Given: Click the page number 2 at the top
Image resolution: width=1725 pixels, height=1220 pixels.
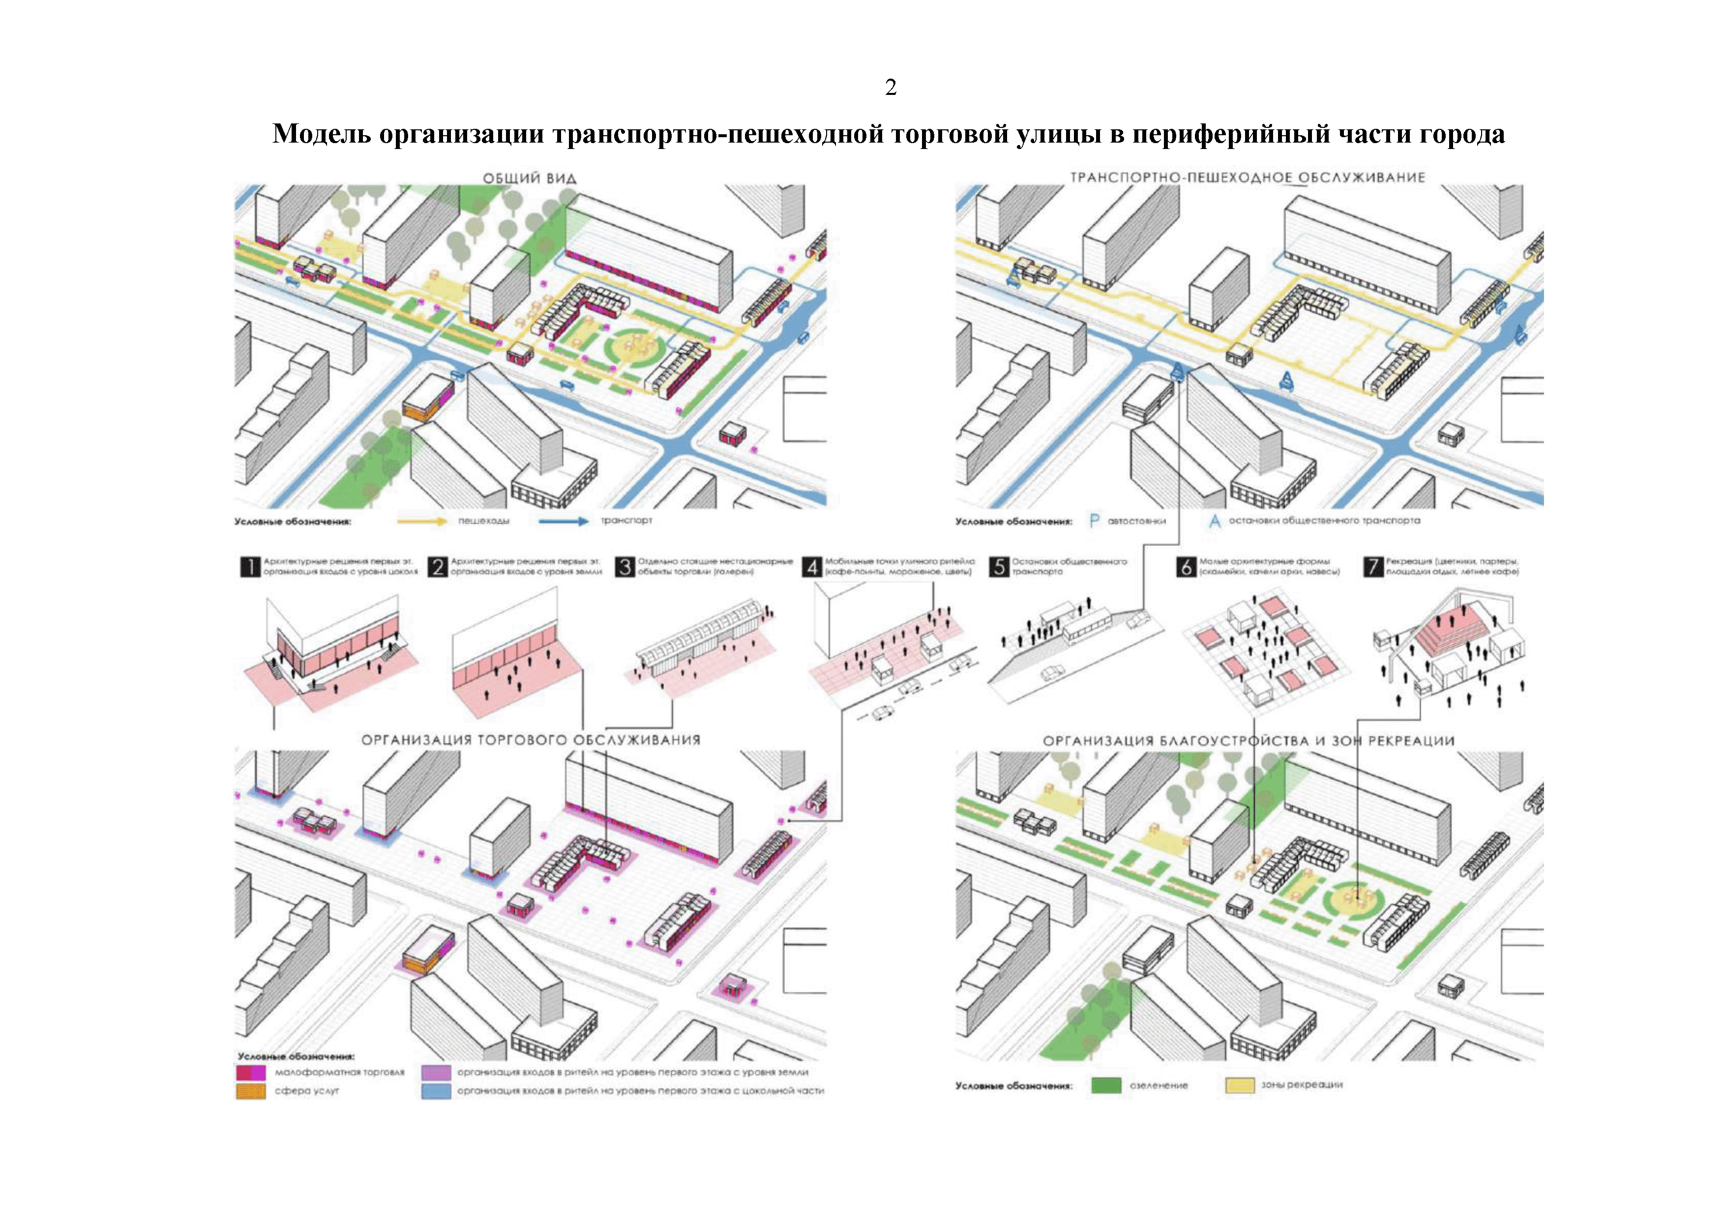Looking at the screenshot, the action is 891,88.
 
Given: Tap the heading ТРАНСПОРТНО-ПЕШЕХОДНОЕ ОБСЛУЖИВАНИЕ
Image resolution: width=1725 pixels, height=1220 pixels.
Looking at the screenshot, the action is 1247,178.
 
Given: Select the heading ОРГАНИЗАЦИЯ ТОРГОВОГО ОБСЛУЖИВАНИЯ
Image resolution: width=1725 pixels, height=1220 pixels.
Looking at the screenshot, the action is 531,740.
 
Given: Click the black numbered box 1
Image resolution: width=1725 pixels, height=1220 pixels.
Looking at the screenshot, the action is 249,566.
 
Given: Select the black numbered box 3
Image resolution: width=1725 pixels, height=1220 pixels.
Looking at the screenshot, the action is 625,566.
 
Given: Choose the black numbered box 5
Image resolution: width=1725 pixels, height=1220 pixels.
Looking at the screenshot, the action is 999,566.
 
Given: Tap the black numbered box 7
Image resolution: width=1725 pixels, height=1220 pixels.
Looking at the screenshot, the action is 1372,566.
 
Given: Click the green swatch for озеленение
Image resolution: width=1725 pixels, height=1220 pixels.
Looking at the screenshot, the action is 1105,1085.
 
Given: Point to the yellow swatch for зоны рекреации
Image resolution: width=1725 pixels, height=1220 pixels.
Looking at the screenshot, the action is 1240,1085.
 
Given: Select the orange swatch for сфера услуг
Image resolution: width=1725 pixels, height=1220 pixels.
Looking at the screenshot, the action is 250,1091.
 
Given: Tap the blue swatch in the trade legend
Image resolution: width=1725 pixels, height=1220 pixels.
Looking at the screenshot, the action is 436,1091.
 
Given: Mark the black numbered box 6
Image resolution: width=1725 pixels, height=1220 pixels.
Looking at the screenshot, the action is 1186,566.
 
